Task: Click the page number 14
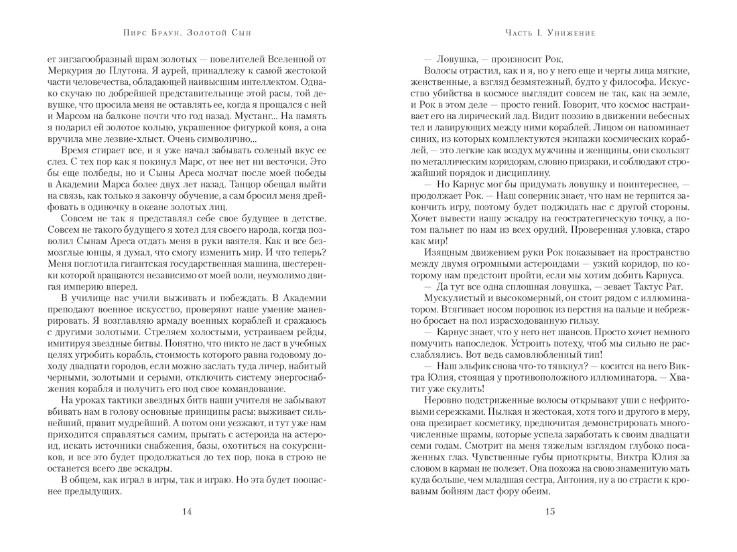tap(187, 512)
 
